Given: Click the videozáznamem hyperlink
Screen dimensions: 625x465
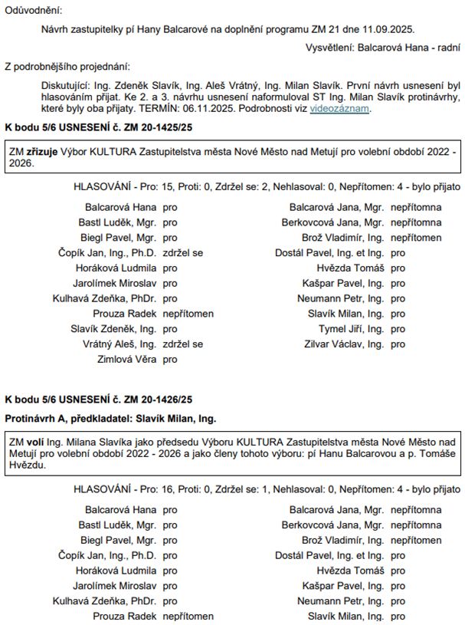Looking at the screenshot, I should (x=340, y=108).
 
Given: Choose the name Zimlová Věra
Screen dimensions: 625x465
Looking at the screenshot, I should (x=126, y=359).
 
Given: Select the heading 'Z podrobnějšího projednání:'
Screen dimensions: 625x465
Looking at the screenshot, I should (x=67, y=67).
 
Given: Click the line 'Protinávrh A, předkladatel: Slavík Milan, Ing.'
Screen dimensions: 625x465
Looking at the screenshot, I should (x=110, y=419).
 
